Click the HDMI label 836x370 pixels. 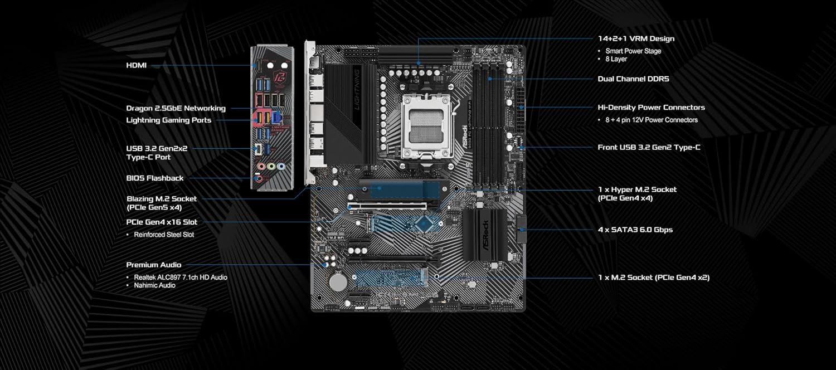(x=136, y=65)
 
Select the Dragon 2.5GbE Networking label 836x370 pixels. (x=176, y=108)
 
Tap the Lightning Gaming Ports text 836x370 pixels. (x=168, y=120)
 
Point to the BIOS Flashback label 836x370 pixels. (x=154, y=178)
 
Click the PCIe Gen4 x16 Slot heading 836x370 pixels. (x=162, y=222)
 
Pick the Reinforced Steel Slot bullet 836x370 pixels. (x=164, y=235)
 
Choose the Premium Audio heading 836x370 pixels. (x=153, y=265)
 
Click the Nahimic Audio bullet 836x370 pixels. (x=154, y=285)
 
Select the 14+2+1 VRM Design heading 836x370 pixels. (x=636, y=38)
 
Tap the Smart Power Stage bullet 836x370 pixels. (x=633, y=51)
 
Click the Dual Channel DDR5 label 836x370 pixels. (x=633, y=79)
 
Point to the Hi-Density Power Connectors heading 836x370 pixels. (x=651, y=107)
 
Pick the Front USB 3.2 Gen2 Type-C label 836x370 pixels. (x=649, y=147)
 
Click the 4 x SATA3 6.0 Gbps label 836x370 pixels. (x=635, y=230)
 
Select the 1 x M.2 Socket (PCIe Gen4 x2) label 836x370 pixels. (x=653, y=277)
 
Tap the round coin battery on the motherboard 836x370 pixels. (x=338, y=281)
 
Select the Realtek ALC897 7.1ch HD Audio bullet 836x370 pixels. (x=180, y=277)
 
